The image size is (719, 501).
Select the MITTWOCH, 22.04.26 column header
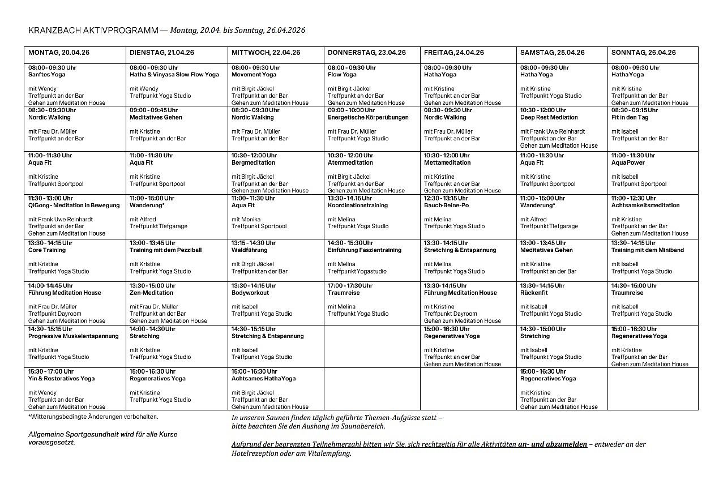(266, 53)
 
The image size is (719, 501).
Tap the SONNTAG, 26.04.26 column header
(643, 53)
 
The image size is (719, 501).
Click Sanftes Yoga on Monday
(47, 75)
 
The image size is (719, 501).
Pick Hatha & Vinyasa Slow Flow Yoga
(174, 75)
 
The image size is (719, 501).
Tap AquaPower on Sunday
(628, 163)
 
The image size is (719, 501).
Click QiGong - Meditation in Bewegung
(74, 205)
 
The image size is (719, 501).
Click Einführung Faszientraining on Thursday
(364, 250)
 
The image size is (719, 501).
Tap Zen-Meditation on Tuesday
(151, 293)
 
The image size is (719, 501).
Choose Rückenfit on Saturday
(534, 293)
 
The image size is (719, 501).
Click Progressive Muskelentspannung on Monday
(74, 336)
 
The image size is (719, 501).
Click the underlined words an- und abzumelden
(552, 444)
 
